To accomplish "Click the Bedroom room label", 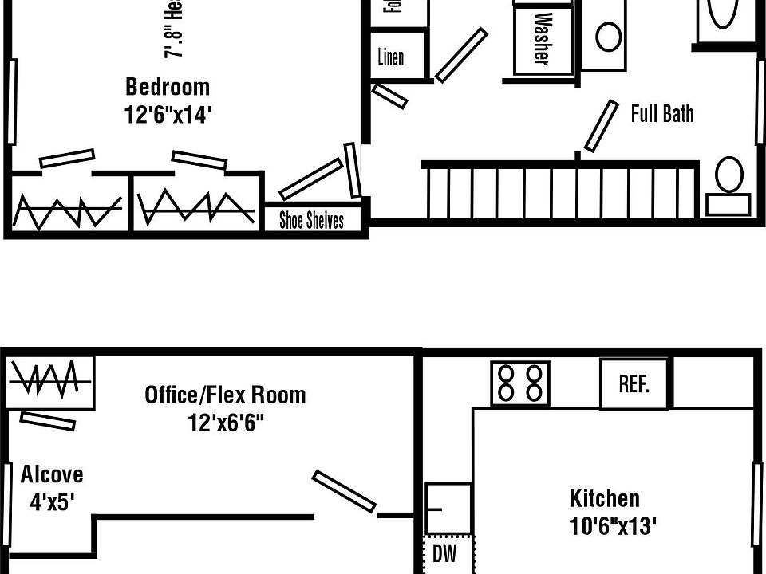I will pyautogui.click(x=168, y=86).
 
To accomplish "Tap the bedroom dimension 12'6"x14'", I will pyautogui.click(x=168, y=115).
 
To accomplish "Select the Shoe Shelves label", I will pyautogui.click(x=311, y=220).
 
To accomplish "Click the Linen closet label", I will pyautogui.click(x=391, y=57).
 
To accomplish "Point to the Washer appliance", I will pyautogui.click(x=542, y=38).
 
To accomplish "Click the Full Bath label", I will pyautogui.click(x=662, y=113).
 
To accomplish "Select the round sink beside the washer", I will pyautogui.click(x=609, y=37).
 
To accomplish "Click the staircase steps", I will pyautogui.click(x=559, y=191).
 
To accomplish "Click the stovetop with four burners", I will pyautogui.click(x=520, y=383).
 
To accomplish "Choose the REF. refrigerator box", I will pyautogui.click(x=634, y=384).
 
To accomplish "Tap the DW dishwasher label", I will pyautogui.click(x=444, y=554).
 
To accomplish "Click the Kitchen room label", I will pyautogui.click(x=604, y=499).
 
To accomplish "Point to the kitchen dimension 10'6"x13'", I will pyautogui.click(x=613, y=526).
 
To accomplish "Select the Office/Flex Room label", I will pyautogui.click(x=225, y=395).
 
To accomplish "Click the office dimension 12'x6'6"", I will pyautogui.click(x=226, y=422).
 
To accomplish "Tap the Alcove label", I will pyautogui.click(x=52, y=474).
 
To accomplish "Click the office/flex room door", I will pyautogui.click(x=344, y=491).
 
